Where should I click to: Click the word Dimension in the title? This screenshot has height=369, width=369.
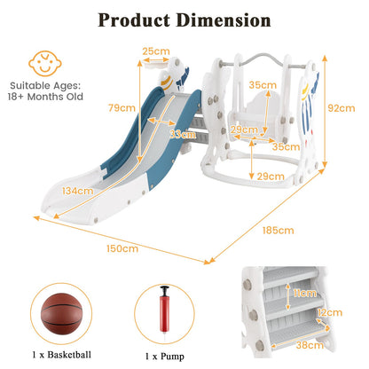(x=224, y=20)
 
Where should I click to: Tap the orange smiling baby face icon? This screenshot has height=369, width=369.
(x=45, y=63)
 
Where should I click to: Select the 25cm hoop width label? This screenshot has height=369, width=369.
(x=156, y=51)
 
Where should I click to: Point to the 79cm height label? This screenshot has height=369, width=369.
(x=122, y=107)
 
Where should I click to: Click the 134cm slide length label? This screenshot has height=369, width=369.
(x=77, y=191)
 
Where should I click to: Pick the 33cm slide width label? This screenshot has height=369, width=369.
(x=183, y=135)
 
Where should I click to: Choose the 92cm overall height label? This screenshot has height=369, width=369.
(x=342, y=108)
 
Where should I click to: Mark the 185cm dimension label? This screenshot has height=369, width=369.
(x=279, y=231)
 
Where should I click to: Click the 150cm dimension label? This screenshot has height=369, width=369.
(x=122, y=248)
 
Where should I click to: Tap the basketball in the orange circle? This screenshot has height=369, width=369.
(x=61, y=314)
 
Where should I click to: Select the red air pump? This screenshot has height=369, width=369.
(x=165, y=313)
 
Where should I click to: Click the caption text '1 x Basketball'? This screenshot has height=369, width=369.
(x=62, y=355)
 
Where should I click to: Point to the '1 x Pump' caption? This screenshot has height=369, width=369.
(x=164, y=357)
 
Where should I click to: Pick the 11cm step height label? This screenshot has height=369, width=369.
(x=305, y=293)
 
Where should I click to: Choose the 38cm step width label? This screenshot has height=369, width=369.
(x=310, y=345)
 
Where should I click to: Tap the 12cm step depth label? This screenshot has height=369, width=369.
(x=330, y=312)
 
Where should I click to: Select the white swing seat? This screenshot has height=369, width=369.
(x=255, y=118)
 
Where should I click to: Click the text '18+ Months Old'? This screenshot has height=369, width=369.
(x=45, y=97)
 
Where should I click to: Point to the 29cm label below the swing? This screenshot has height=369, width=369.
(x=271, y=177)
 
